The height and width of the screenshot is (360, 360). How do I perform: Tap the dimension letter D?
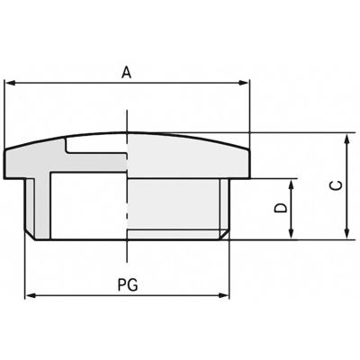(x=279, y=209)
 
